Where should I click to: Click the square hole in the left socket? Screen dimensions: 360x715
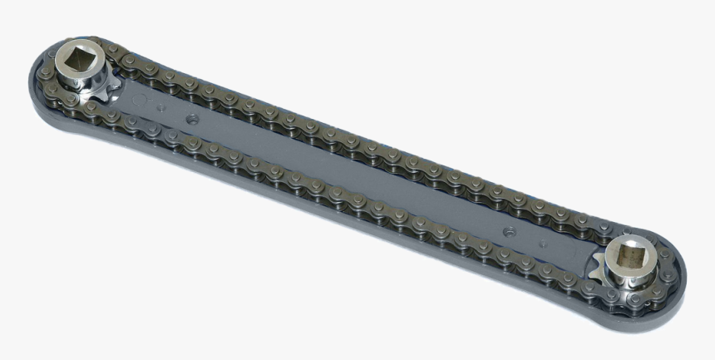point(79,59)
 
